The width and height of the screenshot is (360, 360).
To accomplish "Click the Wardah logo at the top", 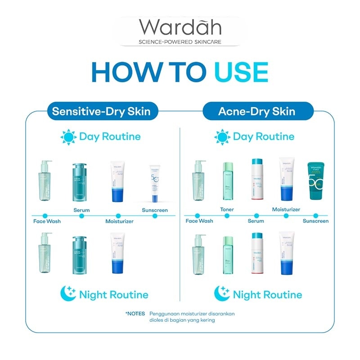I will click(180, 28).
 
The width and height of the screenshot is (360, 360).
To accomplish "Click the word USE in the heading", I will click(241, 72).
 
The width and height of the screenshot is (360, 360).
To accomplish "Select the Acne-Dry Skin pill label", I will click(257, 111).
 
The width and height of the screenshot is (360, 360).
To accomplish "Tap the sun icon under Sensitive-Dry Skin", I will click(69, 136).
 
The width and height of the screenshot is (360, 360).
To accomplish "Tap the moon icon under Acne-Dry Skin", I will click(222, 294).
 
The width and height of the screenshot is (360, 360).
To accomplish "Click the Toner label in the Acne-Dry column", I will click(227, 210).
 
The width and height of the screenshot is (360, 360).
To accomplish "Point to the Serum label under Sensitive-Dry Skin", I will click(81, 210).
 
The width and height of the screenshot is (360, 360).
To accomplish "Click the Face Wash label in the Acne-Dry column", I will click(199, 221).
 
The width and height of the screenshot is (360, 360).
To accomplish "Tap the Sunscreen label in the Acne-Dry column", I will click(315, 221).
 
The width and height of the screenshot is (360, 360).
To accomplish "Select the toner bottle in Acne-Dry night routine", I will click(227, 255).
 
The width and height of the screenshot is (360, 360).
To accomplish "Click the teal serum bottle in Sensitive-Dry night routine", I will click(81, 255).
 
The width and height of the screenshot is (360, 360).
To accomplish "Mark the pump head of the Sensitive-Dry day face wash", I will click(46, 163).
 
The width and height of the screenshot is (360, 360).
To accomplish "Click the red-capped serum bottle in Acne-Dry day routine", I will click(257, 180).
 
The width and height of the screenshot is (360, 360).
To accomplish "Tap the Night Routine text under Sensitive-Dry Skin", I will click(113, 295).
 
